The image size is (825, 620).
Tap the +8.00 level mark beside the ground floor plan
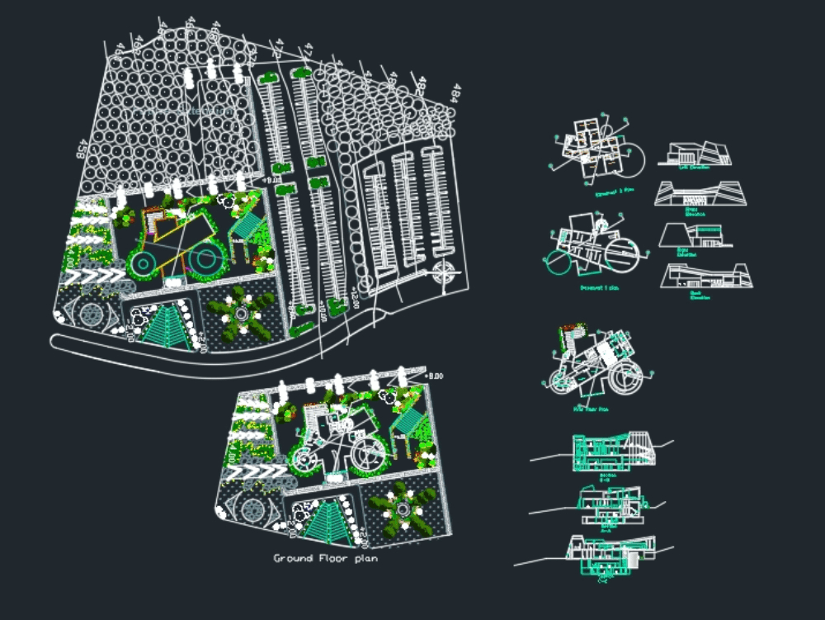(434, 376)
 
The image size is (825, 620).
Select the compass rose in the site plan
(445, 271)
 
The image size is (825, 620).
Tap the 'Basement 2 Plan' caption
(615, 188)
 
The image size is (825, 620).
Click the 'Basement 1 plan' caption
(600, 288)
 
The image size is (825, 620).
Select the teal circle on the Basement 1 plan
(557, 263)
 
